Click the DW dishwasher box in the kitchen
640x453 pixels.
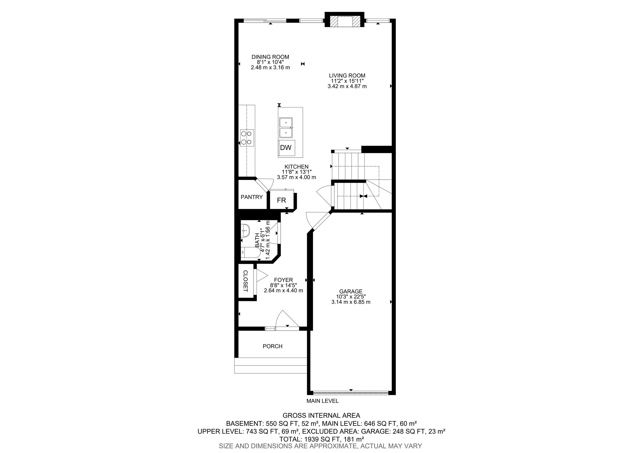[x=286, y=148]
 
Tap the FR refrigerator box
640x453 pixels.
[x=281, y=200]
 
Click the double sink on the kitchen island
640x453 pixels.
[x=286, y=128]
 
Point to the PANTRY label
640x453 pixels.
[x=252, y=197]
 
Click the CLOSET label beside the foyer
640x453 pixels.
[x=245, y=281]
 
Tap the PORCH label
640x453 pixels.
[x=273, y=346]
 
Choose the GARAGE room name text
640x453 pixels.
[x=351, y=291]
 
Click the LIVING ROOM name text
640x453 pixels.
[x=347, y=75]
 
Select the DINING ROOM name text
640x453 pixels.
[x=270, y=57]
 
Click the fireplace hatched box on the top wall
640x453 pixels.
[x=345, y=21]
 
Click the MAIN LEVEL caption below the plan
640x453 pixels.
[x=322, y=401]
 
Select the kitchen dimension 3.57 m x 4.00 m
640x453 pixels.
[x=297, y=177]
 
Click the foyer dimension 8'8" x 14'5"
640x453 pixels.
[x=284, y=285]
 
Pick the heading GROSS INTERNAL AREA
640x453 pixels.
[x=321, y=416]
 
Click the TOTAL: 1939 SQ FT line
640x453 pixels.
[x=321, y=439]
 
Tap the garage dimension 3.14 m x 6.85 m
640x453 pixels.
[x=351, y=302]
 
